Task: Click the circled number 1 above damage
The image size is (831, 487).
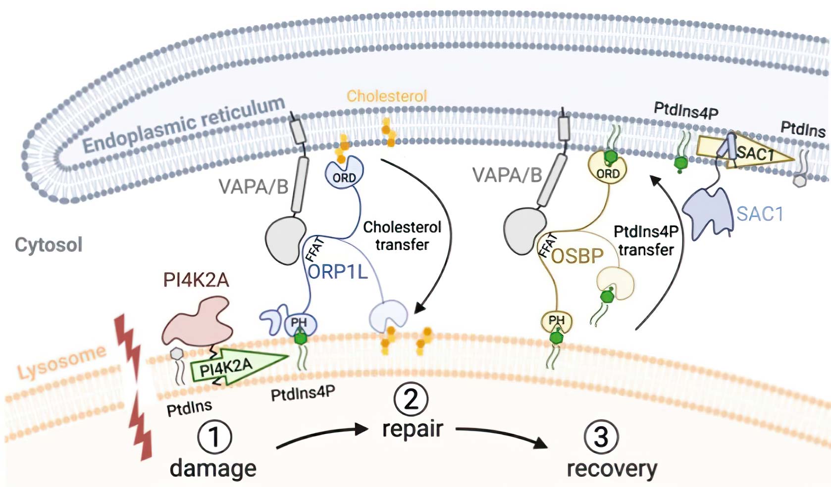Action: (x=214, y=437)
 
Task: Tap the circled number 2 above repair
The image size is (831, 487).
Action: (x=411, y=399)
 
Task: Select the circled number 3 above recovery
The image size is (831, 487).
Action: (x=601, y=437)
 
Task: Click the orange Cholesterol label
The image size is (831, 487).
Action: (x=386, y=96)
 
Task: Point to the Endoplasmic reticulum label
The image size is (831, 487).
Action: (x=183, y=125)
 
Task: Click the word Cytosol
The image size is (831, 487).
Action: (x=49, y=244)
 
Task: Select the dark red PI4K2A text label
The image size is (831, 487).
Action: (x=196, y=280)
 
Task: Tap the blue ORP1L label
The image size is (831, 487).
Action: (x=338, y=272)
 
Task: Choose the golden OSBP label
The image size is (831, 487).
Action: (x=577, y=256)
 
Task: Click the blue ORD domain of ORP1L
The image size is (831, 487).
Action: (x=344, y=174)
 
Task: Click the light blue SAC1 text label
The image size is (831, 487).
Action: (x=760, y=214)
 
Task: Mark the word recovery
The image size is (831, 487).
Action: (x=612, y=468)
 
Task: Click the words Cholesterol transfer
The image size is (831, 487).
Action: (x=402, y=236)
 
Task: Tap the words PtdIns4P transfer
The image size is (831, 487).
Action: (x=646, y=241)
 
